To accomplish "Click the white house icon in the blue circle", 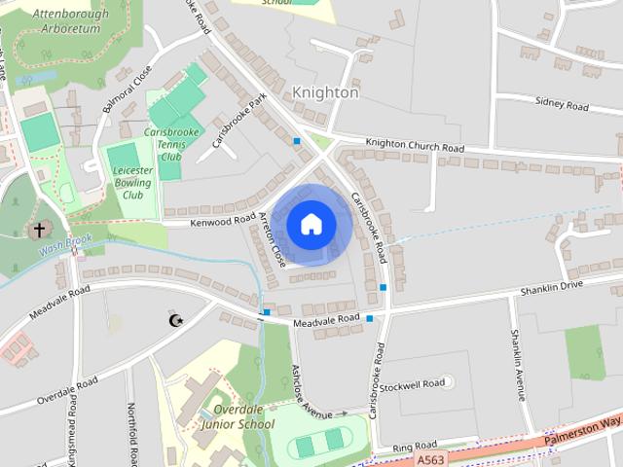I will [311, 224].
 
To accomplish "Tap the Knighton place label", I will [325, 93].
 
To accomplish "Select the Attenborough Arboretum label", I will [66, 21].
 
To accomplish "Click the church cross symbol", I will [39, 231].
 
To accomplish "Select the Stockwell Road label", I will [412, 384].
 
